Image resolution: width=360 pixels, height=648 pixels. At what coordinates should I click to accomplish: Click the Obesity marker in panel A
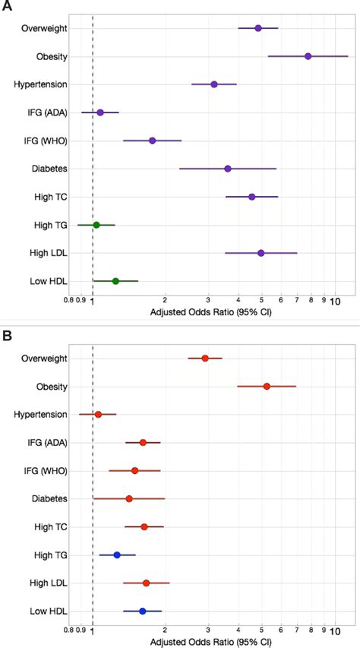[308, 56]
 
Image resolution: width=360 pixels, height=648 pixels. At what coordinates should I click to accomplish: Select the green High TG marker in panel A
[96, 225]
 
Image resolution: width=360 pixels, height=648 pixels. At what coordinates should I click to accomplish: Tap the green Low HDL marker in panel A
[115, 281]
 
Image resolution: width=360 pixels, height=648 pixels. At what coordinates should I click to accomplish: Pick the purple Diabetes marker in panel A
[228, 169]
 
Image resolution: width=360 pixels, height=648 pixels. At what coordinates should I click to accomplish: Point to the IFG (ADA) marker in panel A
[100, 112]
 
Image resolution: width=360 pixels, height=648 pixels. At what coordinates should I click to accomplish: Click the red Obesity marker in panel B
[267, 386]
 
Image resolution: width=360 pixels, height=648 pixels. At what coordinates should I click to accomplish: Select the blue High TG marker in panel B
[117, 555]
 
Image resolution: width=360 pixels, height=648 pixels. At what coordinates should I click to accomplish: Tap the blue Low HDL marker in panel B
[142, 611]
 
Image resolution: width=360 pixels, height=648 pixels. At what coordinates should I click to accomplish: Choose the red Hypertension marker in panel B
[98, 414]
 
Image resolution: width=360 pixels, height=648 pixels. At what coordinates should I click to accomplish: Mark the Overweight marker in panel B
[205, 358]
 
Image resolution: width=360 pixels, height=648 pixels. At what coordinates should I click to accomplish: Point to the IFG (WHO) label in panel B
[45, 470]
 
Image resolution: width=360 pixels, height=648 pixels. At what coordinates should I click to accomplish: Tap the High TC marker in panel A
[252, 197]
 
